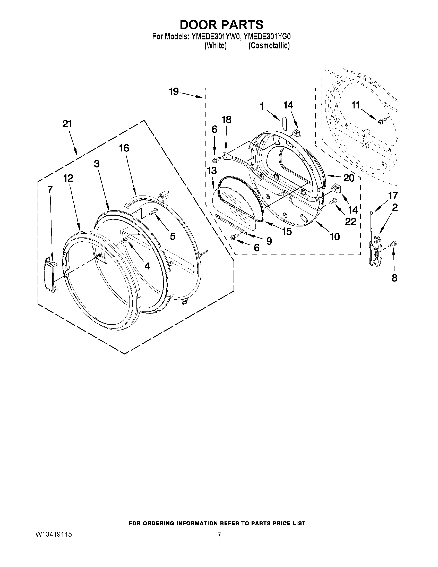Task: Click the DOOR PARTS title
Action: (221, 25)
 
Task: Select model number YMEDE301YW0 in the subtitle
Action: (214, 37)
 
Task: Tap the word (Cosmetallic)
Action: (269, 46)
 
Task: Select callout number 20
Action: (349, 178)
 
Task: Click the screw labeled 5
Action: (153, 212)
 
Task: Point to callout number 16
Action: (124, 148)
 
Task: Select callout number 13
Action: (212, 171)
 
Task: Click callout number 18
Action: (226, 120)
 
